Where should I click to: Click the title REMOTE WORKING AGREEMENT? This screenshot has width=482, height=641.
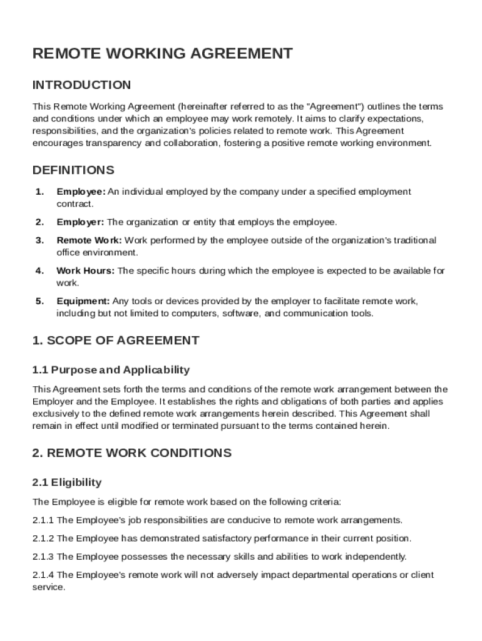162,54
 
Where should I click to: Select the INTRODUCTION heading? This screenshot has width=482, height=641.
81,85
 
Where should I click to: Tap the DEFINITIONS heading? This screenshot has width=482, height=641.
73,170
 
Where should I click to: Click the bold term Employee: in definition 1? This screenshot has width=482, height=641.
81,192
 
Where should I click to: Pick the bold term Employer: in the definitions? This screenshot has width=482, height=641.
81,222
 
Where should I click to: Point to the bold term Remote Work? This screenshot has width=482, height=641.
90,240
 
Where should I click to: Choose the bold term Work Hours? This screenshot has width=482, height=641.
86,271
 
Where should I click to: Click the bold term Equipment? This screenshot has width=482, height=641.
83,302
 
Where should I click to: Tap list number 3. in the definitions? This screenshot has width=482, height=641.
40,240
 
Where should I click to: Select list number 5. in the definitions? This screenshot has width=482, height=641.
40,302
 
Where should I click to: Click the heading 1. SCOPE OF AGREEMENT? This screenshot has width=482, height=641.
116,341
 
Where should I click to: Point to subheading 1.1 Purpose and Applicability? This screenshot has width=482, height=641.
111,370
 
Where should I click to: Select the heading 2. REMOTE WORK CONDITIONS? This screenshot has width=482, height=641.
131,453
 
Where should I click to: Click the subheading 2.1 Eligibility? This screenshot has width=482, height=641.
66,483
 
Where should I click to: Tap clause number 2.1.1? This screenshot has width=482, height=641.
43,520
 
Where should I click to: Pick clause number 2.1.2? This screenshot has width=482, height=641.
43,538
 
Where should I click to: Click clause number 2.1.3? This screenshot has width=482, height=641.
43,556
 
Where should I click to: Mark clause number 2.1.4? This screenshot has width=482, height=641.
43,575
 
